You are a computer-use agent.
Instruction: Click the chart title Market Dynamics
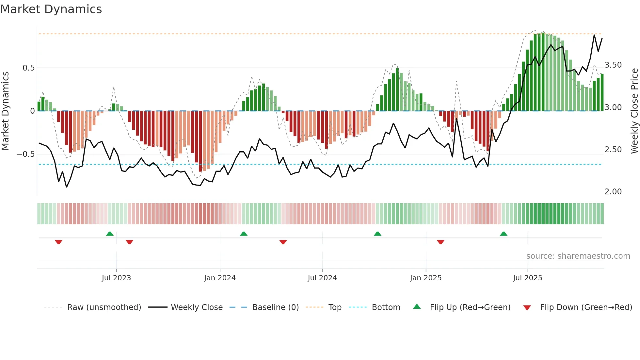[x=51, y=9]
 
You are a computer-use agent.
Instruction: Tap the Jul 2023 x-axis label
[x=116, y=278]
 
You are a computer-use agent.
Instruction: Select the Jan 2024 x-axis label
[x=220, y=278]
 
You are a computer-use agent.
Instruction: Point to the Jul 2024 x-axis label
[x=322, y=278]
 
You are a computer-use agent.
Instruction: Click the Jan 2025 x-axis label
[x=426, y=278]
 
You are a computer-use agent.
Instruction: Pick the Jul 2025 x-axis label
[x=528, y=278]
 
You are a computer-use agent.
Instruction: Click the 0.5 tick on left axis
[x=28, y=68]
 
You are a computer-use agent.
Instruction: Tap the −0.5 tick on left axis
[x=25, y=154]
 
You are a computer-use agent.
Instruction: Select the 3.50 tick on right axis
[x=613, y=65]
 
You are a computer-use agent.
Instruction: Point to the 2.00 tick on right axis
[x=613, y=192]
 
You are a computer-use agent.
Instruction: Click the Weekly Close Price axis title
[x=634, y=111]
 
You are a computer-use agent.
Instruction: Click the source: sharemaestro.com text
[x=578, y=256]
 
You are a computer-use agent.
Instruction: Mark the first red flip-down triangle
[x=58, y=242]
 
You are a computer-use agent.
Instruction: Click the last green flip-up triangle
[x=504, y=234]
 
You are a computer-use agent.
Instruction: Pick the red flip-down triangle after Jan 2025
[x=440, y=242]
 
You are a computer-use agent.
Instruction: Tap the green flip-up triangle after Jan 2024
[x=244, y=234]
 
